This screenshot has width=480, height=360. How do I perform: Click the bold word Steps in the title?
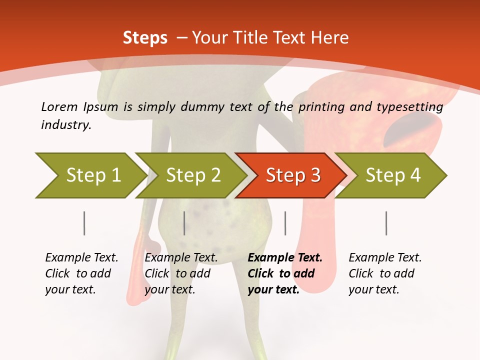click(x=145, y=37)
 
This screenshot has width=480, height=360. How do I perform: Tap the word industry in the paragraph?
click(x=66, y=125)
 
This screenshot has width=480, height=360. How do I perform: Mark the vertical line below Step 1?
click(x=84, y=223)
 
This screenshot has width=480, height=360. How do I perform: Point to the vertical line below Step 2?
click(x=184, y=223)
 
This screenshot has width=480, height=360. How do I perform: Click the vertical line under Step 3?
click(x=285, y=223)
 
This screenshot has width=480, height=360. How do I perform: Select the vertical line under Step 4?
click(x=386, y=223)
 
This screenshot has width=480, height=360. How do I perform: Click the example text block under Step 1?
click(x=81, y=273)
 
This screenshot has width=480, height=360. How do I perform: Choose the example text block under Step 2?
click(x=181, y=273)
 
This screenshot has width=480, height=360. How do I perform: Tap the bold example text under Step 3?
click(x=285, y=273)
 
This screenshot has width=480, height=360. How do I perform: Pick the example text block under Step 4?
click(x=385, y=273)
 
